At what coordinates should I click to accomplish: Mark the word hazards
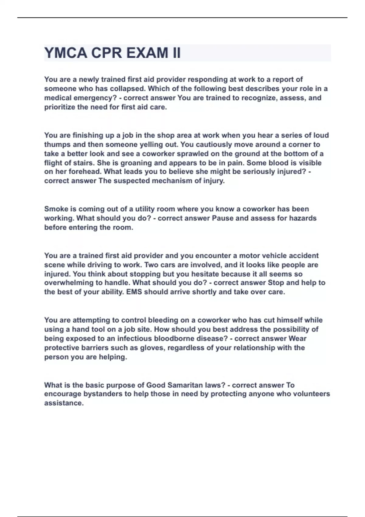pyautogui.click(x=301, y=218)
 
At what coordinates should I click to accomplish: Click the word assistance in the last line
pyautogui.click(x=64, y=403)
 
